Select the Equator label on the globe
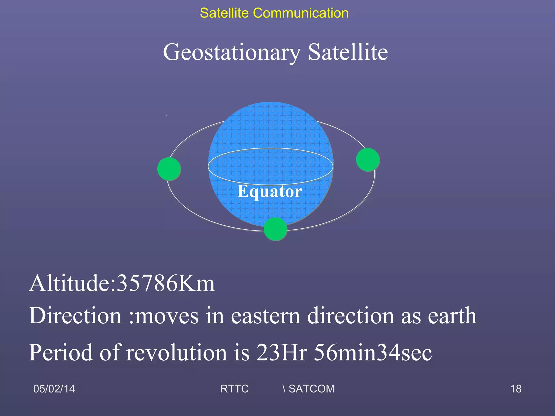[269, 191]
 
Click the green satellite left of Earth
[169, 169]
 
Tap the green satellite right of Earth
[368, 160]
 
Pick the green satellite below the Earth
[275, 229]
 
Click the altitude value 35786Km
[166, 283]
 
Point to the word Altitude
[72, 283]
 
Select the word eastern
[266, 316]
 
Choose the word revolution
[176, 352]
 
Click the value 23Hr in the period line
[282, 352]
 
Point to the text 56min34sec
[373, 352]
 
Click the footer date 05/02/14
[54, 389]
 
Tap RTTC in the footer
[234, 389]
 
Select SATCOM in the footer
[311, 389]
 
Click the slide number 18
[516, 389]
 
